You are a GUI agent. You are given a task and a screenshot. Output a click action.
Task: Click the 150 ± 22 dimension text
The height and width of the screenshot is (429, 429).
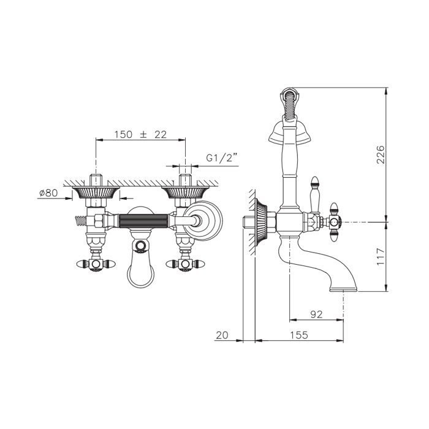[140, 135]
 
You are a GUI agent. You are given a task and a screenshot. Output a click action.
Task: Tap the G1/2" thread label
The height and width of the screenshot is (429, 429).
[221, 158]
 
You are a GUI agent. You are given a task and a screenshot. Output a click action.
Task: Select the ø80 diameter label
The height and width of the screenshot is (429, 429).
[48, 193]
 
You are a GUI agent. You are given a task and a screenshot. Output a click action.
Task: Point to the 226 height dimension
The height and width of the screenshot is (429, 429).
[381, 154]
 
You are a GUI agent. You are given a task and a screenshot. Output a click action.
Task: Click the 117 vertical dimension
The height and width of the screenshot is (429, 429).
[381, 257]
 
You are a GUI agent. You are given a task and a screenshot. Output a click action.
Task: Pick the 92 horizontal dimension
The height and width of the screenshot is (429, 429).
[316, 314]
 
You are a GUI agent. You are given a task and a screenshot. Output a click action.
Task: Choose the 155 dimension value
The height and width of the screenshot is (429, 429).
[299, 335]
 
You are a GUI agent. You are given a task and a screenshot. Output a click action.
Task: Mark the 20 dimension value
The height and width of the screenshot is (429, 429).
[222, 335]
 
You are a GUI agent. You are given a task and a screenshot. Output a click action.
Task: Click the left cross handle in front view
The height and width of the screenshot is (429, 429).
[96, 264]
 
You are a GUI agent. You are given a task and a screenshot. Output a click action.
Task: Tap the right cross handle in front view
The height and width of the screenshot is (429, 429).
[185, 264]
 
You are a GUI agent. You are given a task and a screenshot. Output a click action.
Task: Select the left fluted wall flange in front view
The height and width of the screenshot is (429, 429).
[96, 192]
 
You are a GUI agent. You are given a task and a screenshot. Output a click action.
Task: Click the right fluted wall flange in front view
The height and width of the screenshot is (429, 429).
[185, 192]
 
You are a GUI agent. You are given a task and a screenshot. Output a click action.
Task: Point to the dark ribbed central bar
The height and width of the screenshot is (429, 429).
[143, 221]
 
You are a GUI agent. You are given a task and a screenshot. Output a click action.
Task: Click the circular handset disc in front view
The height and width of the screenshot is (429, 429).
[203, 221]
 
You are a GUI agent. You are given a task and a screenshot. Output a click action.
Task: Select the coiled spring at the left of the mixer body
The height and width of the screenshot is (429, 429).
[80, 221]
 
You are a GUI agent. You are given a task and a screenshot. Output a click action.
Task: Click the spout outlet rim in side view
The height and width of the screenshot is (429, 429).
[343, 289]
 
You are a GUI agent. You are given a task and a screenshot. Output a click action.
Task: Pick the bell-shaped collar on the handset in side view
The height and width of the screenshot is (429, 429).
[290, 133]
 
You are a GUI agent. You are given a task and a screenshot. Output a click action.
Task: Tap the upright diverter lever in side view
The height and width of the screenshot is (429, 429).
[315, 195]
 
